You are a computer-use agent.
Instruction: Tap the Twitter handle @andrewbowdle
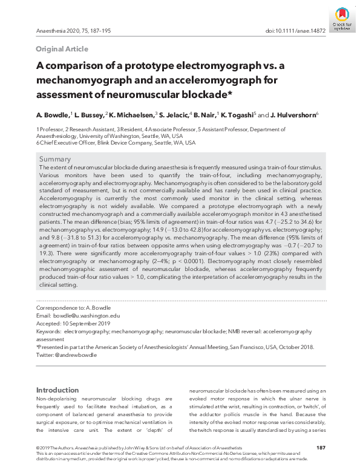click(x=76, y=355)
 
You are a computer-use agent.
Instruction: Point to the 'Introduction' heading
click(x=57, y=390)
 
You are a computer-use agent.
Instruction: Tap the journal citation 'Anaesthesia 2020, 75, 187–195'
click(x=74, y=30)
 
